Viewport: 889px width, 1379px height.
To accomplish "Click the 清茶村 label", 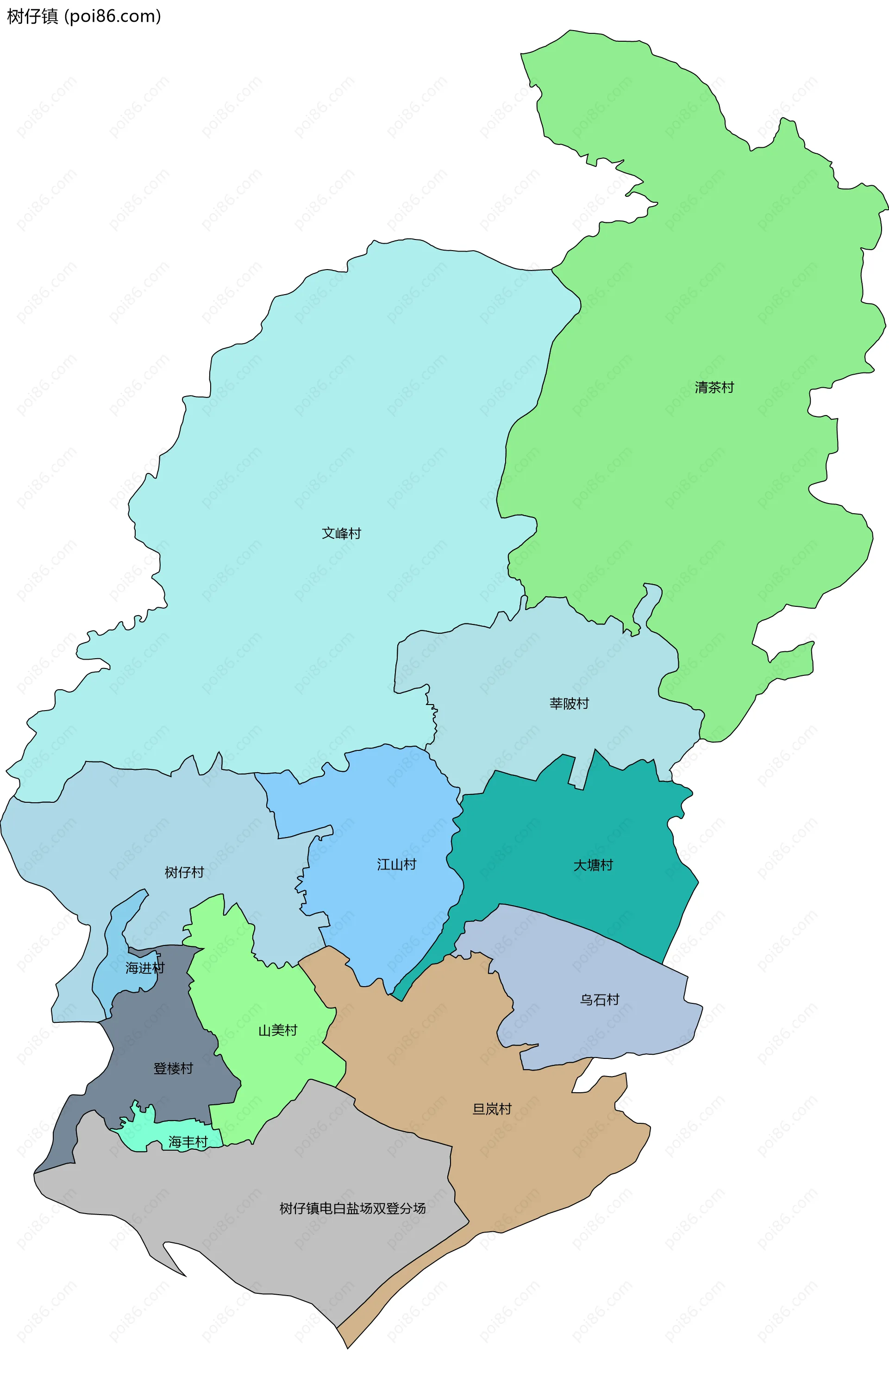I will tap(714, 388).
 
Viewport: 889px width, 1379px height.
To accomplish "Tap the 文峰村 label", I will tap(341, 533).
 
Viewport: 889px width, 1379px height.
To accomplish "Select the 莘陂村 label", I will tap(569, 703).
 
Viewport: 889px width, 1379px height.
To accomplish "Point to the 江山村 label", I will tap(397, 864).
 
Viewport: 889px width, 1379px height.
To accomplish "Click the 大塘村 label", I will tap(593, 865).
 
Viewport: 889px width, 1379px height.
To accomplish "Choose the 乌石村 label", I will tap(599, 1000).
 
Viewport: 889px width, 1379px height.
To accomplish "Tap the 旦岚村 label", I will tap(492, 1109).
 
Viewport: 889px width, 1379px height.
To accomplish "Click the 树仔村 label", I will tap(184, 872).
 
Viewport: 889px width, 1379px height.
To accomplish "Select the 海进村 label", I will tap(145, 968).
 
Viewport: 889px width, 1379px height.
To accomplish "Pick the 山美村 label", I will tap(278, 1030).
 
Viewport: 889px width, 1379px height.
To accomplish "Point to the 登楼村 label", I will tap(173, 1068).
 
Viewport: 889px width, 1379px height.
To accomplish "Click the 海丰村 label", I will tap(188, 1142).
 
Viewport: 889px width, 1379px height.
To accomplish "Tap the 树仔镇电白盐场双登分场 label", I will tap(352, 1209).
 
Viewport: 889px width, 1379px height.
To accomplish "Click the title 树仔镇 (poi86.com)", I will tap(84, 16).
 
